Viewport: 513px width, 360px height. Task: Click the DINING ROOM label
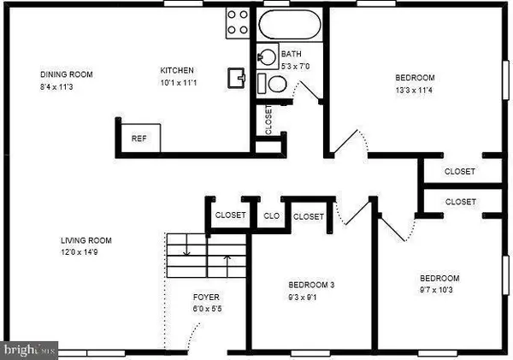66,74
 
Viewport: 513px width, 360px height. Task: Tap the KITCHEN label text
177,70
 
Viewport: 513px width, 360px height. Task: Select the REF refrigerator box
137,138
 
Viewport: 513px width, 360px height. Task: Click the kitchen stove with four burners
237,23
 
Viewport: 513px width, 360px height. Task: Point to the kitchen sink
236,80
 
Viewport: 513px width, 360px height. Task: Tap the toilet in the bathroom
277,84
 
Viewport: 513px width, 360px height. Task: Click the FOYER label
206,297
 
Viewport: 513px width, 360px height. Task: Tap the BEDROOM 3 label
312,285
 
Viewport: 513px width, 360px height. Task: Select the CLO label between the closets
272,216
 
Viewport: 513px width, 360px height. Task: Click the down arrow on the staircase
187,250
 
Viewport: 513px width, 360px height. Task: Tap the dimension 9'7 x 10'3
439,291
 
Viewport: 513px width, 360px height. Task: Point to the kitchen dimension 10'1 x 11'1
177,82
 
